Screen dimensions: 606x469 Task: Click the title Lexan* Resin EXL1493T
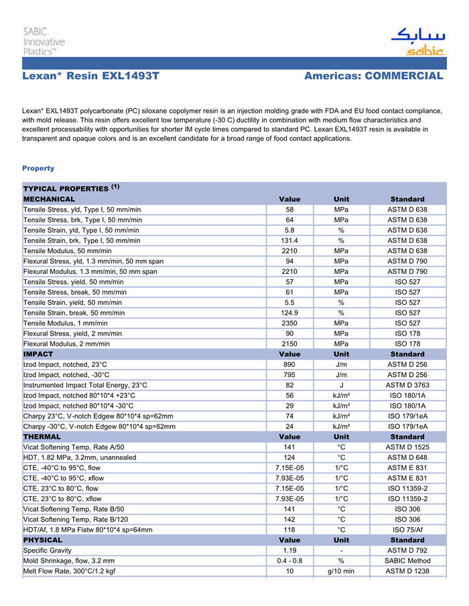point(90,76)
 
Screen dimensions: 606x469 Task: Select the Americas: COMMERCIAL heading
point(373,76)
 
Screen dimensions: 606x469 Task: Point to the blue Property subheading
point(38,168)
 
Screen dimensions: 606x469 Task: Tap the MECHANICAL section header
point(50,199)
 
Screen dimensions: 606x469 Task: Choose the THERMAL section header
point(42,437)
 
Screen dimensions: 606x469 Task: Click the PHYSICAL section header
point(43,540)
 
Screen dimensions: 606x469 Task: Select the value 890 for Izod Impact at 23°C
point(289,364)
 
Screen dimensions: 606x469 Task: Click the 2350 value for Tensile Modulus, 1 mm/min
point(289,323)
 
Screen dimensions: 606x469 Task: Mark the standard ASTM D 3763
point(407,385)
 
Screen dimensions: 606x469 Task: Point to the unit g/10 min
point(341,571)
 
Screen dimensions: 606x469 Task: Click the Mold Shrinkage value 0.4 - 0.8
point(289,560)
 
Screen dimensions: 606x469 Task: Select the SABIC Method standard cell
point(407,560)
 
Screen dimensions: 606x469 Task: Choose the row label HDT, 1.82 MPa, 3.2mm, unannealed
point(80,457)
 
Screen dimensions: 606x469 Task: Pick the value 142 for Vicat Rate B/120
point(289,519)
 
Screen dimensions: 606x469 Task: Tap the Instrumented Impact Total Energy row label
point(85,385)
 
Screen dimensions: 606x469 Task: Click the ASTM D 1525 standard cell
point(407,447)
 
